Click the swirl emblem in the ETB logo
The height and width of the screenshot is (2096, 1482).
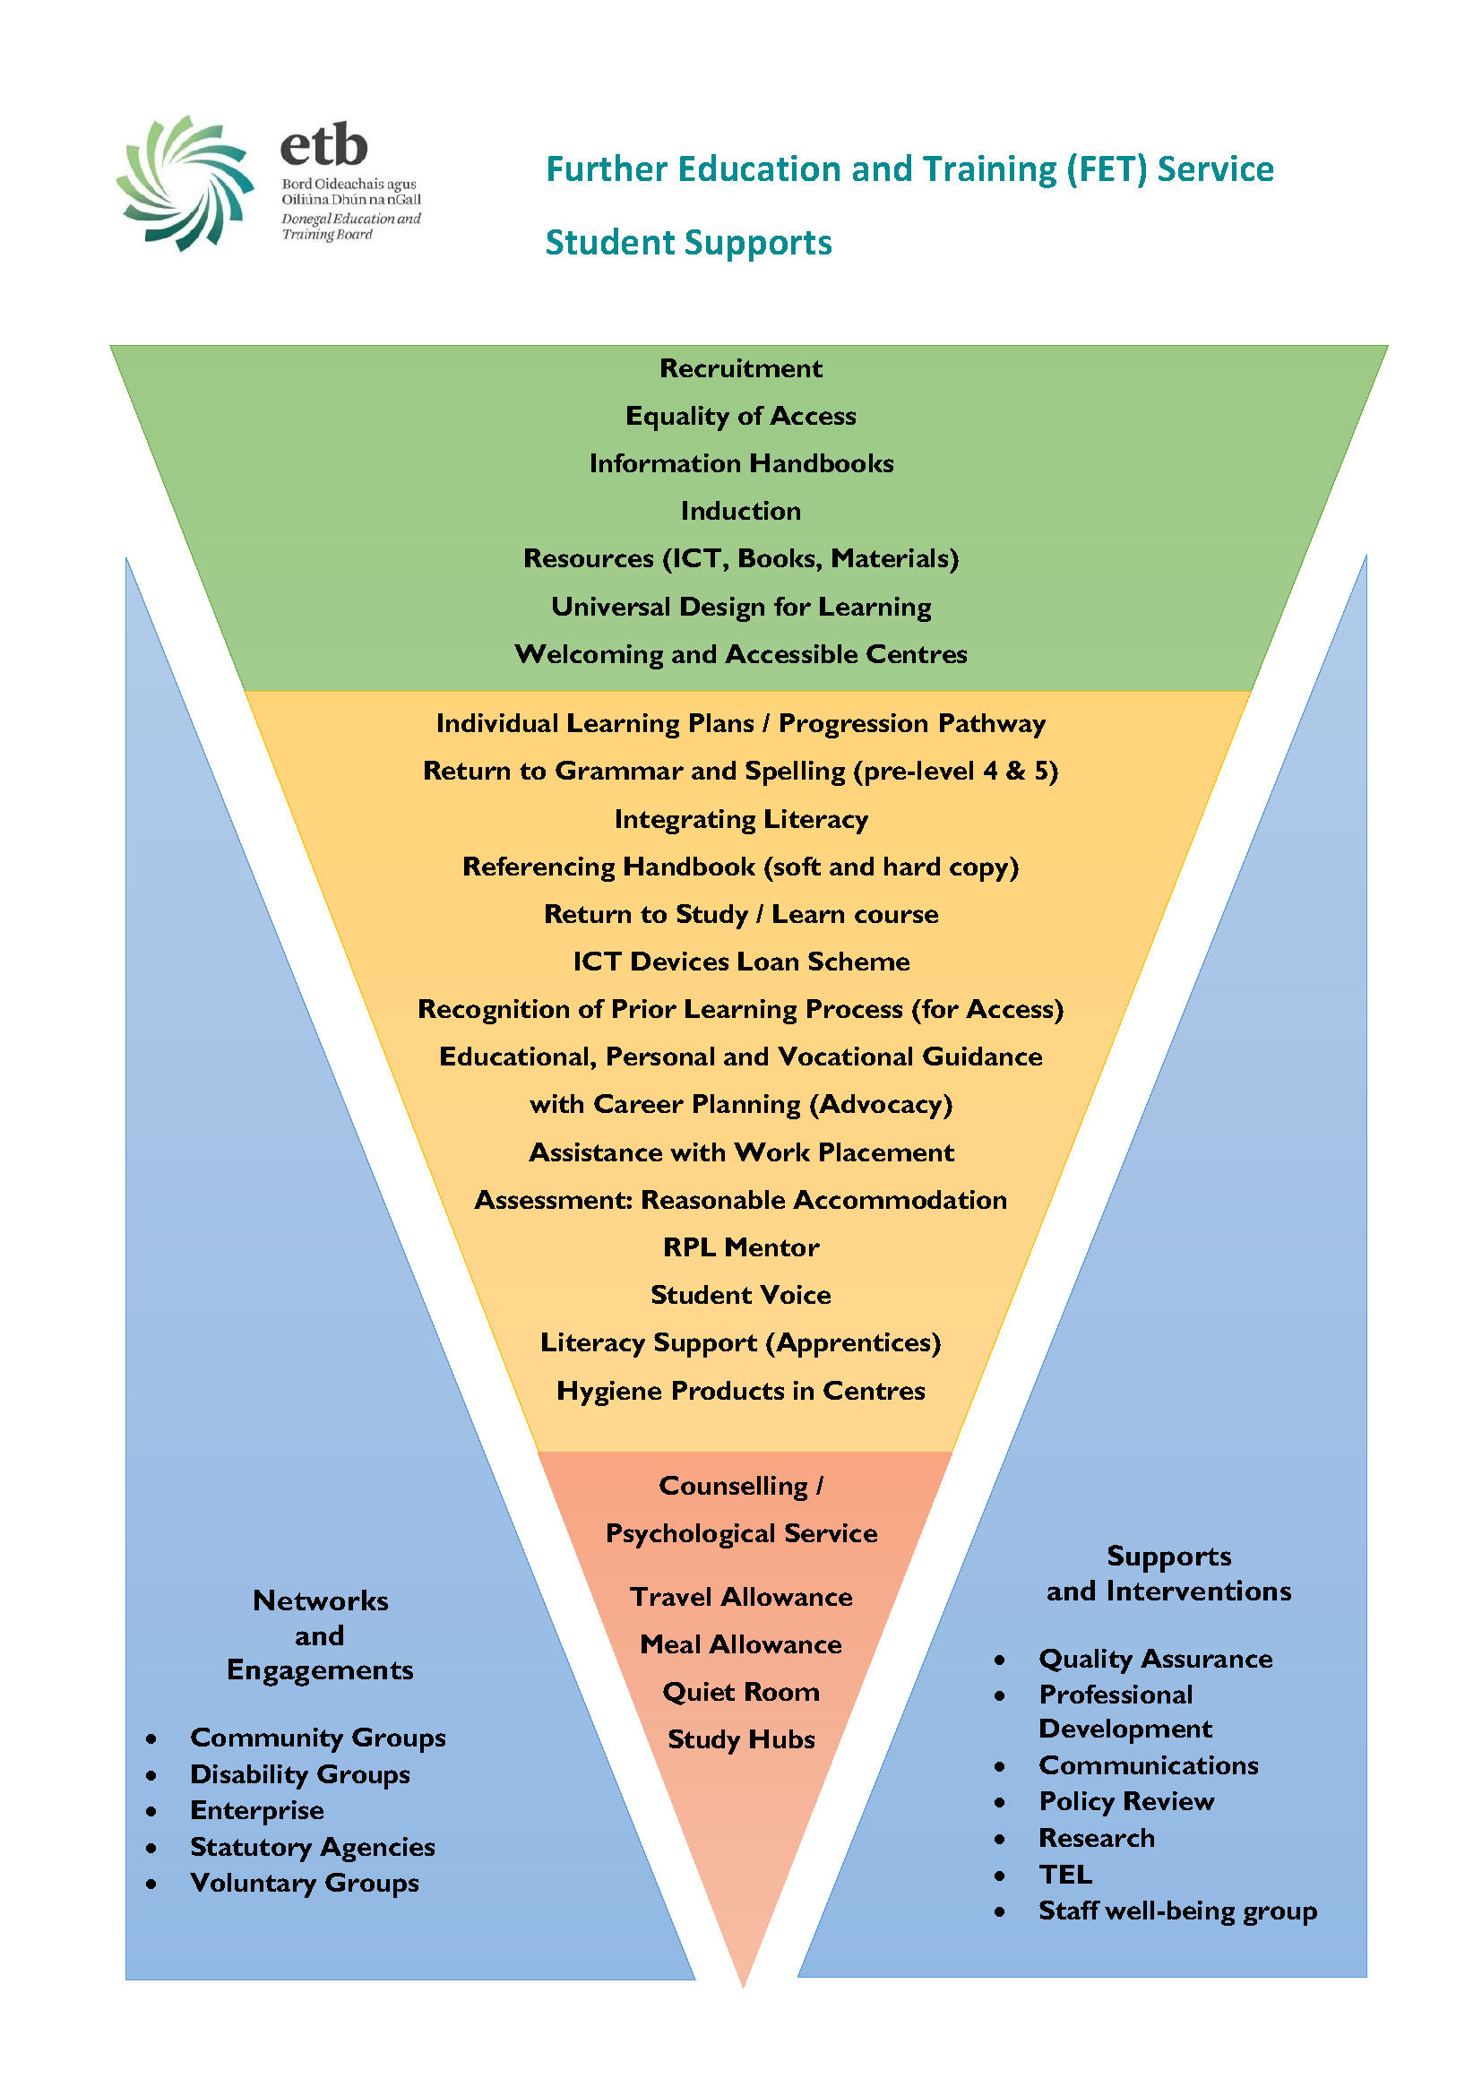click(x=185, y=183)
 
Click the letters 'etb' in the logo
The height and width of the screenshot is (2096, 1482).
click(x=324, y=146)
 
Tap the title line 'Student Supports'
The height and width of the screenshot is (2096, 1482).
click(x=688, y=243)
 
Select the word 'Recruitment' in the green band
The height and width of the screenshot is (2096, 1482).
click(x=741, y=368)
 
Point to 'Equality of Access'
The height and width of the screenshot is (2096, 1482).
click(x=741, y=417)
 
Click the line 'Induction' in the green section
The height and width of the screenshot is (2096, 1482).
click(x=741, y=511)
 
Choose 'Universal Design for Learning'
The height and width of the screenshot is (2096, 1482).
click(x=741, y=607)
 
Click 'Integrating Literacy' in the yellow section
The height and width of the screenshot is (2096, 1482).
click(x=741, y=820)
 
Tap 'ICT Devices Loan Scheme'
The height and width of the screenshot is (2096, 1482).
click(x=741, y=962)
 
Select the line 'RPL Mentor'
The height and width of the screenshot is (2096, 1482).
click(x=741, y=1247)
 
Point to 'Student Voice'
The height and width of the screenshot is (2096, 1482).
click(x=741, y=1295)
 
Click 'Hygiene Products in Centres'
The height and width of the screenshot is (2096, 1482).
click(x=741, y=1391)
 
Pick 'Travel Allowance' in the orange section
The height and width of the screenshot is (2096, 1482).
click(x=741, y=1597)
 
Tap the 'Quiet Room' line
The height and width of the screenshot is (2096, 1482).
click(x=741, y=1693)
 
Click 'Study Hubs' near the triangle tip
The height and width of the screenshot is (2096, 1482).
click(x=741, y=1740)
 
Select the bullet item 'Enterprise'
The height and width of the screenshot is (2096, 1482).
click(x=257, y=1811)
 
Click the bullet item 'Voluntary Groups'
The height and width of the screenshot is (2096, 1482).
click(x=305, y=1884)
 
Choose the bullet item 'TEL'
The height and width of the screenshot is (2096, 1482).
click(x=1065, y=1875)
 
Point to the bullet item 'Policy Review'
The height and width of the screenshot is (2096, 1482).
click(x=1127, y=1802)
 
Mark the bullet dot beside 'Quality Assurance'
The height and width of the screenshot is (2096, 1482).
click(x=1000, y=1660)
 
